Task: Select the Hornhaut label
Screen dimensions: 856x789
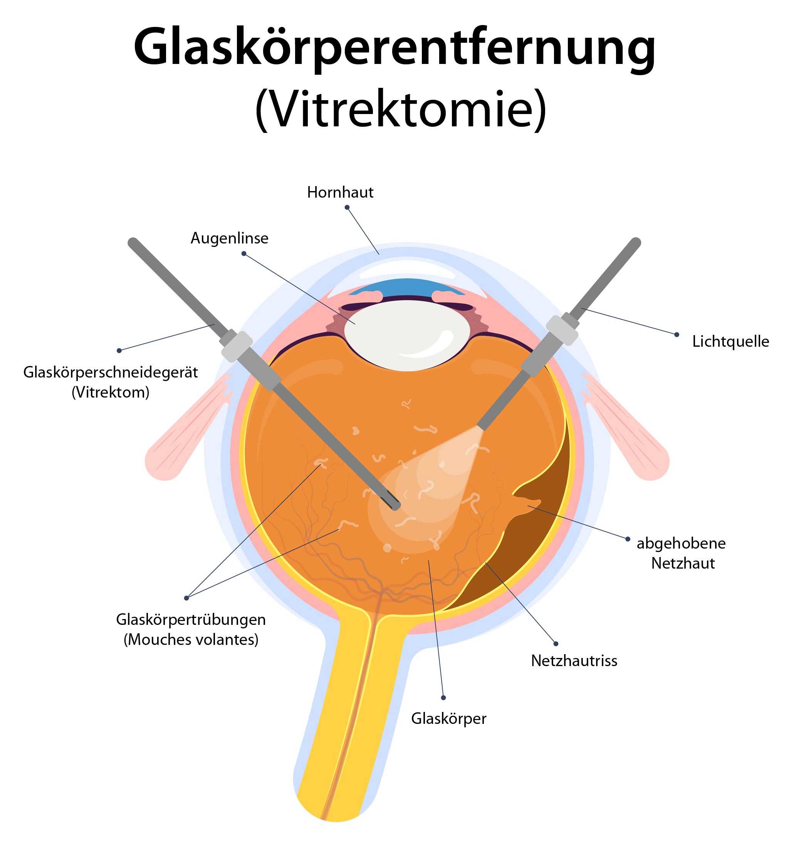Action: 340,193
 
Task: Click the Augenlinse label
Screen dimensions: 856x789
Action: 229,238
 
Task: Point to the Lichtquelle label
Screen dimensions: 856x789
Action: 730,342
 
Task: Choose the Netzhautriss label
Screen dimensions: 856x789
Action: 574,661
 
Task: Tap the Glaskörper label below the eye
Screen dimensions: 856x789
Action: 448,718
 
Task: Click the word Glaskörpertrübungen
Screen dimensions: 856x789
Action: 191,619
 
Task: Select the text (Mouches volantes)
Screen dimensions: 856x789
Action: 191,639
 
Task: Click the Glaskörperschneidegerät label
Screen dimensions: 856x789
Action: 110,372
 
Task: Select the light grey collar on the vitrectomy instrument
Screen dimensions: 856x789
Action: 236,346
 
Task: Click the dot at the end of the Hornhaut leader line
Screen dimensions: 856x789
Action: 347,208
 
